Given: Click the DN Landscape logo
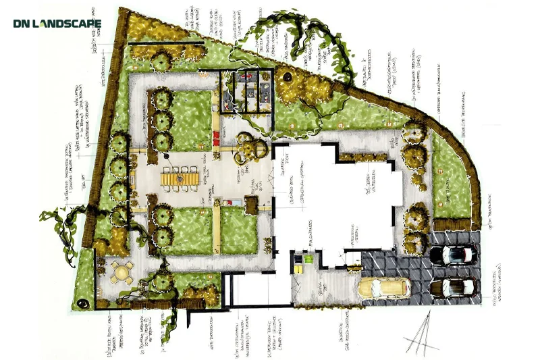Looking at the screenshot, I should pyautogui.click(x=57, y=24).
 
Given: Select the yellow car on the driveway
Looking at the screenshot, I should pyautogui.click(x=383, y=288).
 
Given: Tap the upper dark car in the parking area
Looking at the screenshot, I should pyautogui.click(x=454, y=255).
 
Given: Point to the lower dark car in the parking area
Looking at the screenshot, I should pyautogui.click(x=454, y=288).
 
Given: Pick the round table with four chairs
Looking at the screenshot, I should pyautogui.click(x=122, y=273).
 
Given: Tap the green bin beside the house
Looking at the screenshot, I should pyautogui.click(x=308, y=257).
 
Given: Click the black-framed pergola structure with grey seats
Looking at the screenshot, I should pyautogui.click(x=247, y=91).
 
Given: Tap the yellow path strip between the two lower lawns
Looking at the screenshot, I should pyautogui.click(x=217, y=230).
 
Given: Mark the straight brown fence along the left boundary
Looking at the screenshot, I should pyautogui.click(x=101, y=149).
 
